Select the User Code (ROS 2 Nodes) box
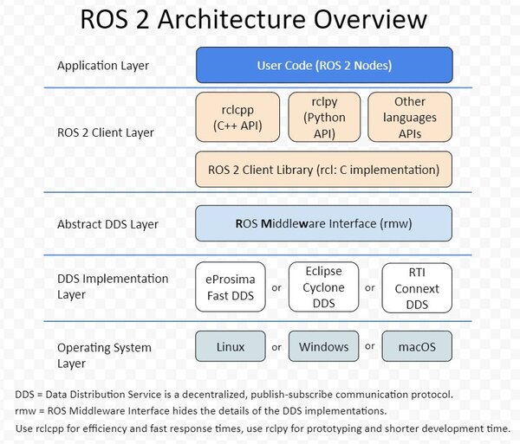(x=324, y=65)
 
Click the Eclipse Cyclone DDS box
(x=323, y=286)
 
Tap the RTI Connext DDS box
(x=417, y=286)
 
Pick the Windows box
(x=323, y=347)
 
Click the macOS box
(x=417, y=347)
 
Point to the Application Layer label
(x=103, y=66)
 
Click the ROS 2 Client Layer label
(x=105, y=132)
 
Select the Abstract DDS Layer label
(x=107, y=224)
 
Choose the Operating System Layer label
(x=104, y=356)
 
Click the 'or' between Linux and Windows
(x=276, y=347)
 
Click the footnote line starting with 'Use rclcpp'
(x=263, y=428)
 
